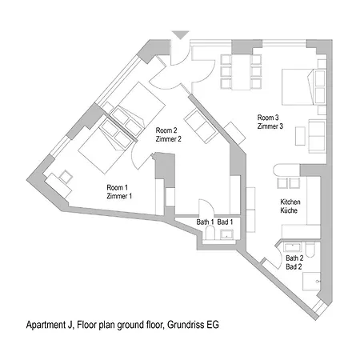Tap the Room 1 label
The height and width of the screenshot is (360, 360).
tap(120, 187)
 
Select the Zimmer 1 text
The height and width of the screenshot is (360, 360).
tap(120, 195)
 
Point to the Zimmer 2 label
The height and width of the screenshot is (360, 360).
tap(169, 138)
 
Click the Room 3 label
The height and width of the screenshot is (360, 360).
tap(270, 117)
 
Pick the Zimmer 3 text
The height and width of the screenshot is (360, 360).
tap(270, 126)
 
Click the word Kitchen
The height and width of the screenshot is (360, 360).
tap(290, 202)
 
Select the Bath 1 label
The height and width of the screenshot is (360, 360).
tap(205, 221)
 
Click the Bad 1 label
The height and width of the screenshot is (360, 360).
tap(225, 221)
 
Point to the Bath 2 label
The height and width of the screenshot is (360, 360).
tap(294, 258)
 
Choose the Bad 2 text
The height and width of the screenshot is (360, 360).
tap(294, 266)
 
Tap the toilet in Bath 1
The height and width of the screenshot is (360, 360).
tap(210, 233)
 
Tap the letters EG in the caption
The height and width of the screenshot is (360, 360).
tap(210, 326)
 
